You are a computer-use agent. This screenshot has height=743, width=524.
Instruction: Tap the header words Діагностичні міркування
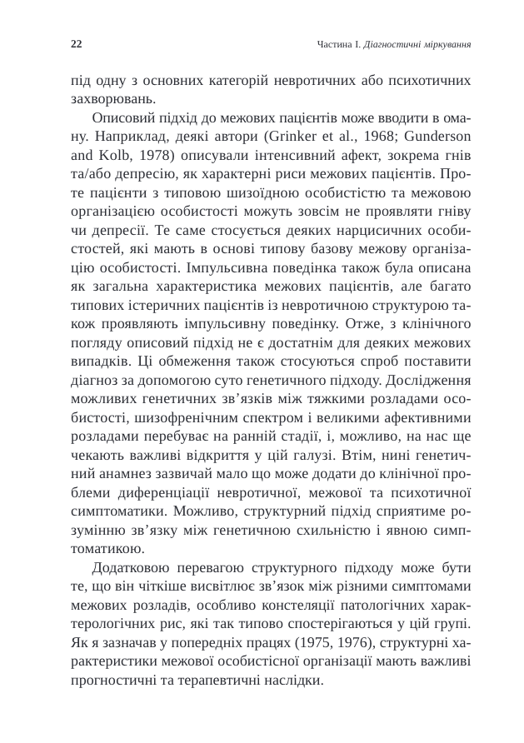[414, 43]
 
